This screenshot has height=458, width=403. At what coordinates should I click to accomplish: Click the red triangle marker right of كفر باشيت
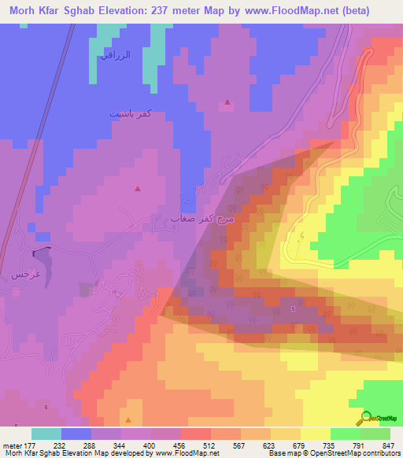[227, 102]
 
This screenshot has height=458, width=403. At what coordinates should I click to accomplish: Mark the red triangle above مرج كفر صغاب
[138, 189]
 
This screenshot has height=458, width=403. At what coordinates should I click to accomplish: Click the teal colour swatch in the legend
[46, 434]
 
